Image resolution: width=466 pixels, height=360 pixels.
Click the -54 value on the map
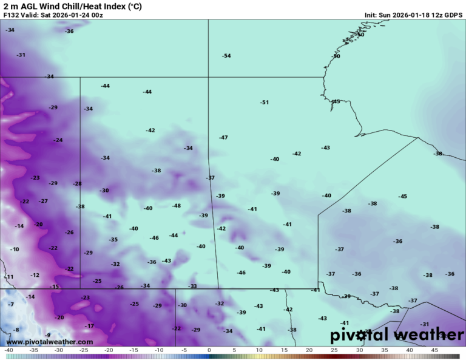[226, 56]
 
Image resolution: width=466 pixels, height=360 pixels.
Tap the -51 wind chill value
[264, 102]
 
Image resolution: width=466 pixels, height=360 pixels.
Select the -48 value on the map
[176, 206]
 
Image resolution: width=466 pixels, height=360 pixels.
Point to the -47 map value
[223, 138]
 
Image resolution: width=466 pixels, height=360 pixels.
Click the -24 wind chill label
[58, 140]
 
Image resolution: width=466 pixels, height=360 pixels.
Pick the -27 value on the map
[43, 201]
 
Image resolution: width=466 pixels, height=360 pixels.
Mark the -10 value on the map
[15, 250]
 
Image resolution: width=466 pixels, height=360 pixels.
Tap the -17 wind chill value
[89, 326]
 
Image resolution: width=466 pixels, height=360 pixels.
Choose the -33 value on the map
[192, 286]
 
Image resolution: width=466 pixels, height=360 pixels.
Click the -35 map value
[113, 240]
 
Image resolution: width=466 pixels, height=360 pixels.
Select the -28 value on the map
[77, 183]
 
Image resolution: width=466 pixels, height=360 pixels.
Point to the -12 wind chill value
[35, 275]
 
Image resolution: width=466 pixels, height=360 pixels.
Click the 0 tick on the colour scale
[209, 350]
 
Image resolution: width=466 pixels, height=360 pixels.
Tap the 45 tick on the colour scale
[434, 350]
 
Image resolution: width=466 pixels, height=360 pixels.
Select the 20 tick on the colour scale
[309, 350]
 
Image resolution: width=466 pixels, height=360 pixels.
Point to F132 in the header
[12, 15]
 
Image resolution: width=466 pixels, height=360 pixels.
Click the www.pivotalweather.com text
[50, 342]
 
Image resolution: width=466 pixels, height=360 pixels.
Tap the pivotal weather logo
[397, 335]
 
